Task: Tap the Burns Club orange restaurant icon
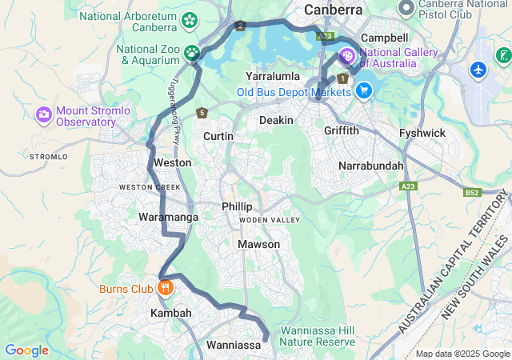[x=166, y=287]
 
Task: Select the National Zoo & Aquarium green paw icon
[x=192, y=54]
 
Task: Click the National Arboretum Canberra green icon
[x=190, y=19]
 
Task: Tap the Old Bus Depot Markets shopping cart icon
[x=364, y=90]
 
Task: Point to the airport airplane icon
[x=479, y=70]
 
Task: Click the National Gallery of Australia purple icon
[x=347, y=56]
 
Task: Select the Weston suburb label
[x=172, y=162]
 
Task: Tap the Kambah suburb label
[x=171, y=314]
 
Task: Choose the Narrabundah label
[x=371, y=166]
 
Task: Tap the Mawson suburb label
[x=259, y=244]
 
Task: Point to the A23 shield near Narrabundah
[x=409, y=186]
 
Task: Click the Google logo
[x=26, y=350]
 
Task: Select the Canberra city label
[x=333, y=10]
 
